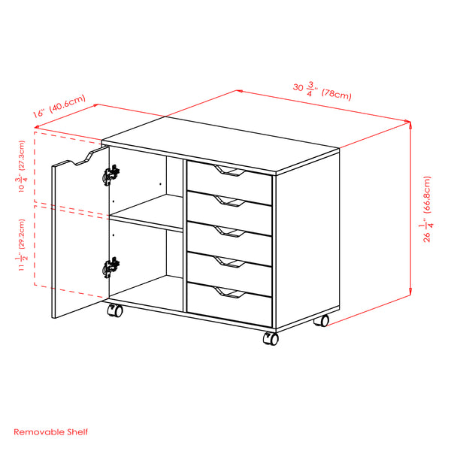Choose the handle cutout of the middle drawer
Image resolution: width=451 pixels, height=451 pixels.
228,231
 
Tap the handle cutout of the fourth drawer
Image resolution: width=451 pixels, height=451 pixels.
228,261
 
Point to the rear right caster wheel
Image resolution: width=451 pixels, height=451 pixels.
322,320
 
